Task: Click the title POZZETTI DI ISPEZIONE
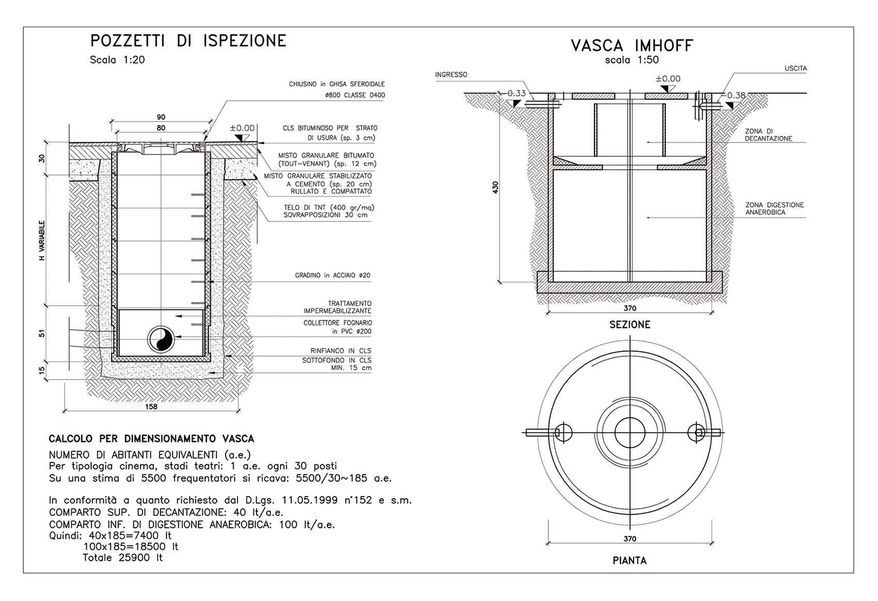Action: pos(188,41)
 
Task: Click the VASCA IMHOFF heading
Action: pos(632,45)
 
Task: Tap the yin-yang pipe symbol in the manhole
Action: pos(161,339)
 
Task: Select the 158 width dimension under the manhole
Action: pos(151,407)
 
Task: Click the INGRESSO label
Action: pos(451,75)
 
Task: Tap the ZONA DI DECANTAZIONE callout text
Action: pos(768,135)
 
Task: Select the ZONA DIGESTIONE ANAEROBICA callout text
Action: pos(774,209)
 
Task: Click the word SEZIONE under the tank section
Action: pos(630,325)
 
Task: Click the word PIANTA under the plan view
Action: pos(630,560)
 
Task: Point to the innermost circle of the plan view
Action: pos(630,433)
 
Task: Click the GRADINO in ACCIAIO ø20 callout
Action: pos(333,276)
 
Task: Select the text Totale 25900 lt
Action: pos(122,558)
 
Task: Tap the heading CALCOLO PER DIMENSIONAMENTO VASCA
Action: pos(151,439)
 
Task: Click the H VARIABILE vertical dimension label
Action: pos(42,240)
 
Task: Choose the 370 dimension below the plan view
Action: pos(630,539)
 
